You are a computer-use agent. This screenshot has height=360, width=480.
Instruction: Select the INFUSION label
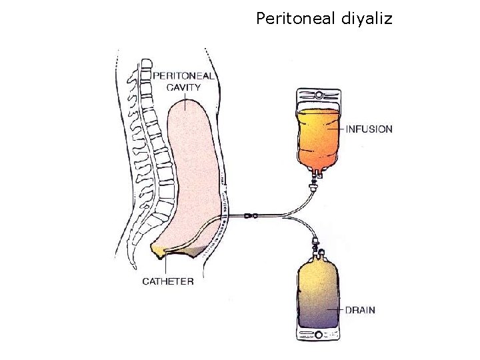(x=369, y=129)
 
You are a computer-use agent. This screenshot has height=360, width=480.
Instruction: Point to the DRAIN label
(x=360, y=310)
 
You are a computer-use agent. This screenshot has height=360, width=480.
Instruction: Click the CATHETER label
(x=168, y=281)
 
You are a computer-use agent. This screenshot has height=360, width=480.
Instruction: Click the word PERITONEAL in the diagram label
(x=184, y=76)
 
